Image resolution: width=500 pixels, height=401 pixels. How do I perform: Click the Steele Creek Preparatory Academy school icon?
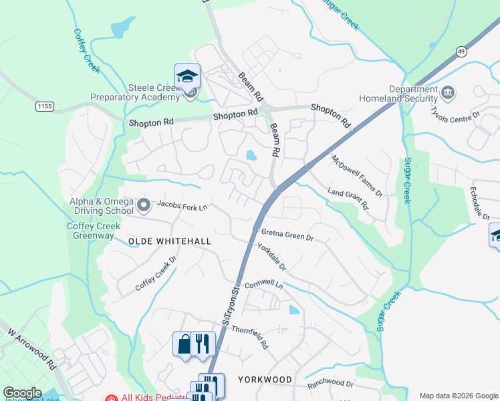click(x=187, y=76)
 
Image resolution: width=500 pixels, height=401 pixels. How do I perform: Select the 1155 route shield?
click(x=45, y=106)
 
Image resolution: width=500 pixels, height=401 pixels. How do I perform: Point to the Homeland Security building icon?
click(x=448, y=92)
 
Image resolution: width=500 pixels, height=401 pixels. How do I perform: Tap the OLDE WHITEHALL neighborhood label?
click(x=170, y=241)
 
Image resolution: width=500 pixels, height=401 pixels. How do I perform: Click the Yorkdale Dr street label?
click(x=272, y=256)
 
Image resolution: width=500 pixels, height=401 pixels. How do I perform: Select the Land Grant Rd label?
click(x=348, y=198)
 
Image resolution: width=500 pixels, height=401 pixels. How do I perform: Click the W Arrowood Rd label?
click(x=32, y=348)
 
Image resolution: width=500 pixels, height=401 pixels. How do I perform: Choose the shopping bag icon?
click(x=182, y=344)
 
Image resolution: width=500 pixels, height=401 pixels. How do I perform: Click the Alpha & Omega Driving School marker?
click(x=143, y=203)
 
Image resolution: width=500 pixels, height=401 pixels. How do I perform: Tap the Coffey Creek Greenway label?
click(x=94, y=231)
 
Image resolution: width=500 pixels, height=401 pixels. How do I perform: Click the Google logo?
click(x=23, y=393)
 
